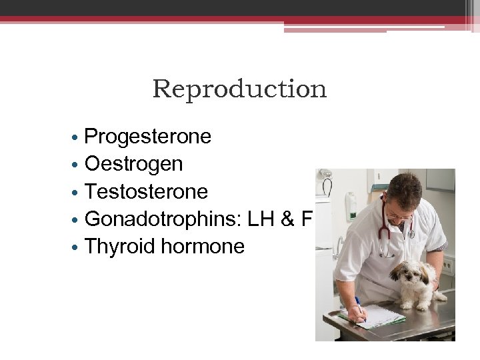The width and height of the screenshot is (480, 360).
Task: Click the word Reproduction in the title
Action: (239, 89)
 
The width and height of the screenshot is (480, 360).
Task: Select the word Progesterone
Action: (148, 137)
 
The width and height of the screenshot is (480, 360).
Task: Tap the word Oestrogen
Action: (134, 164)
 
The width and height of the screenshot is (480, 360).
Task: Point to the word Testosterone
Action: (147, 192)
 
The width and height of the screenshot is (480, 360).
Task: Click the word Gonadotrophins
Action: (163, 219)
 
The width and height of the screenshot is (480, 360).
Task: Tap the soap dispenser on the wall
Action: (351, 203)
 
